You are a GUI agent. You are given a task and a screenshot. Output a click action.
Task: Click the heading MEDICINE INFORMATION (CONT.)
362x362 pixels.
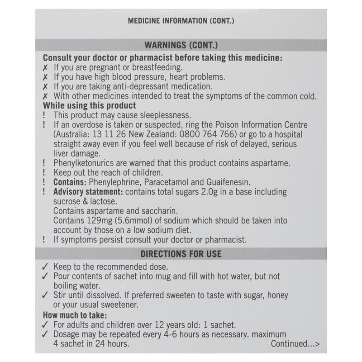[x=181, y=21]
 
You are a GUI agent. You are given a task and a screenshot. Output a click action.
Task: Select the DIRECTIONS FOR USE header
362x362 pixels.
[x=181, y=254]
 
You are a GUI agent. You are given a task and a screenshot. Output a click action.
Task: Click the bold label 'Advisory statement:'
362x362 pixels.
[x=88, y=192]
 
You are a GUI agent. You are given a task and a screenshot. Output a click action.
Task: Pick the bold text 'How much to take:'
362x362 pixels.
[x=74, y=315]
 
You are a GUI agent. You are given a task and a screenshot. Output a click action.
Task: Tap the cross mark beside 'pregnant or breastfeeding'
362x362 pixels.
[x=45, y=67]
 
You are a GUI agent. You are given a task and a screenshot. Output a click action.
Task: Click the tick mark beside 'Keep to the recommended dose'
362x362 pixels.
[x=45, y=267]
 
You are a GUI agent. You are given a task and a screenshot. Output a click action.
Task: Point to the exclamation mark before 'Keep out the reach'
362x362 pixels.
[x=45, y=172]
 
